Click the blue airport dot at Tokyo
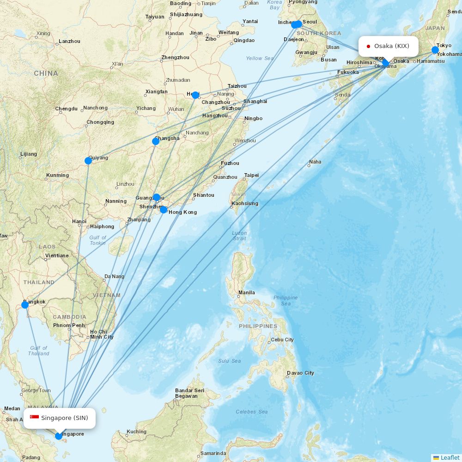click(x=435, y=50)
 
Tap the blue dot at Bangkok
click(x=25, y=305)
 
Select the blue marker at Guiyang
click(x=88, y=161)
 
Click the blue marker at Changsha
click(x=156, y=141)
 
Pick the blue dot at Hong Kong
click(x=164, y=210)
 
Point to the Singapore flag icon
click(x=34, y=418)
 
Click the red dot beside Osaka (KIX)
click(x=368, y=46)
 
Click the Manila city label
click(x=246, y=292)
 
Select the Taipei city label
click(x=251, y=175)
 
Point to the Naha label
click(x=315, y=162)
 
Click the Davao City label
click(x=300, y=373)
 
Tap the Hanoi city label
click(x=79, y=221)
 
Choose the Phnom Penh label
click(x=68, y=325)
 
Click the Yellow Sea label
click(x=260, y=58)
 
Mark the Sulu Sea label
click(x=230, y=361)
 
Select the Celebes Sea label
click(x=251, y=412)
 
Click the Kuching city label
click(x=136, y=432)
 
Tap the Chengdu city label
click(x=66, y=109)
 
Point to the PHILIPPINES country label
click(x=258, y=326)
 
